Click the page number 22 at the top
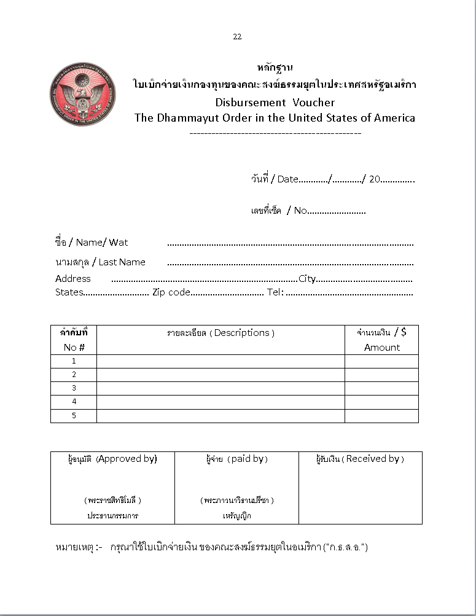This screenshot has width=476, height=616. tap(237, 37)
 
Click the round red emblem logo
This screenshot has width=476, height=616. tap(83, 93)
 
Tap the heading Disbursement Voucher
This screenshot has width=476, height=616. tap(275, 103)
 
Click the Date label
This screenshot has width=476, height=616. tap(287, 179)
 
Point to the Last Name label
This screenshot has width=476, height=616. tap(122, 262)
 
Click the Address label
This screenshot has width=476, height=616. tap(72, 279)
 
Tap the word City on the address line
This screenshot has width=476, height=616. tap(307, 279)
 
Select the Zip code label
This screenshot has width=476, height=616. tap(171, 292)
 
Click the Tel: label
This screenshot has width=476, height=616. tap(275, 292)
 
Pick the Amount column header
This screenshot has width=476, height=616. tap(381, 348)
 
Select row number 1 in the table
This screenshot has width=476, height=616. tap(74, 361)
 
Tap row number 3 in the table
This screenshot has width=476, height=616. tap(74, 388)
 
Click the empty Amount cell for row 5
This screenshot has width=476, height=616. tap(381, 416)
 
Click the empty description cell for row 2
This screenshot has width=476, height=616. tap(220, 375)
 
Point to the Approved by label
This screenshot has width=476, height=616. tap(127, 459)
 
